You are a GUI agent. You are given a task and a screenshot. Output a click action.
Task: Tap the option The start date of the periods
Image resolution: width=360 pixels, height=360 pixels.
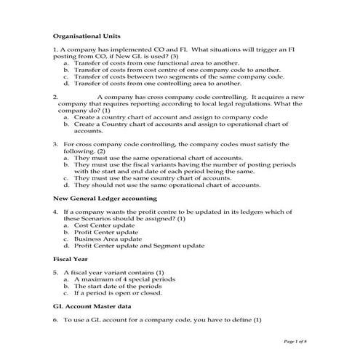(x=116, y=286)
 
